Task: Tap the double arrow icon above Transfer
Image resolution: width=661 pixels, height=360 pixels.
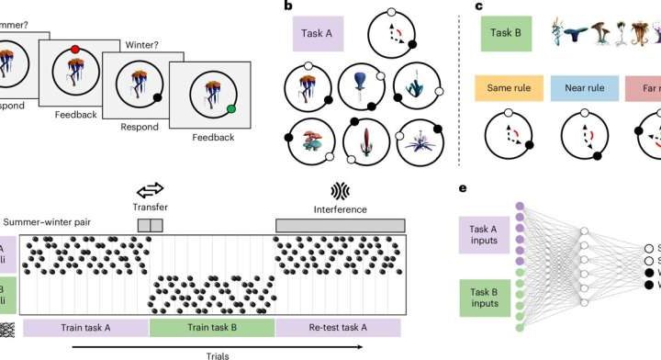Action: pos(149,189)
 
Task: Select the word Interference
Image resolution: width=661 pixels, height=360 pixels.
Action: pos(339,208)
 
